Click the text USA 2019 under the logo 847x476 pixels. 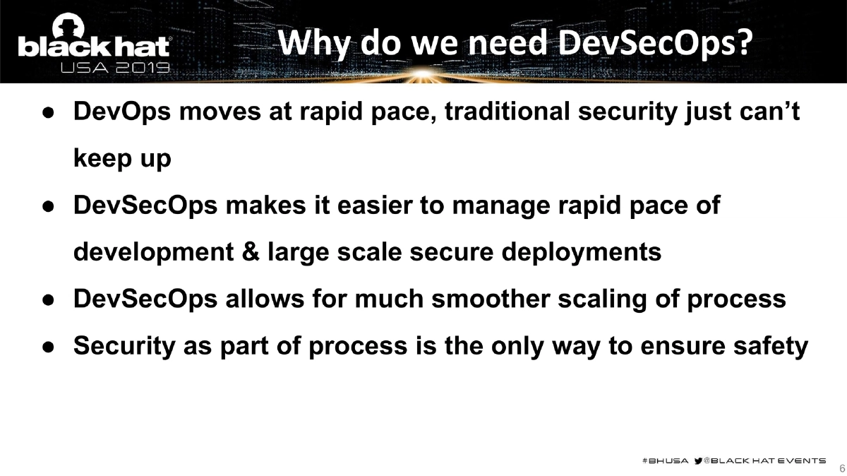tap(116, 69)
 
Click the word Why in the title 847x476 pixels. tap(314, 43)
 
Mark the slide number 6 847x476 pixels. tap(841, 468)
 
